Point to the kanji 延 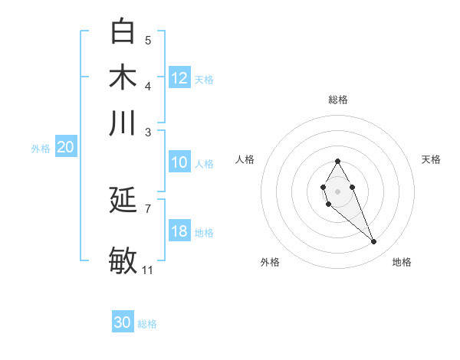(x=123, y=201)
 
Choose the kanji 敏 (x=123, y=260)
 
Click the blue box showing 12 (x=179, y=78)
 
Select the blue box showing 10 (x=179, y=162)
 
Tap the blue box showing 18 (x=179, y=231)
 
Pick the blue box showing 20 (x=66, y=148)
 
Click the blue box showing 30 (x=123, y=322)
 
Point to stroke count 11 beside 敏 (x=148, y=270)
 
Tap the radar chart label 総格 (x=338, y=100)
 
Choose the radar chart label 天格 (x=431, y=159)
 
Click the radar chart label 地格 (x=402, y=262)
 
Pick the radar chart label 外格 (x=270, y=262)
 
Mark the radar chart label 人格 (x=245, y=159)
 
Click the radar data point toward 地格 (x=374, y=242)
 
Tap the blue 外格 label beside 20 (x=41, y=149)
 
